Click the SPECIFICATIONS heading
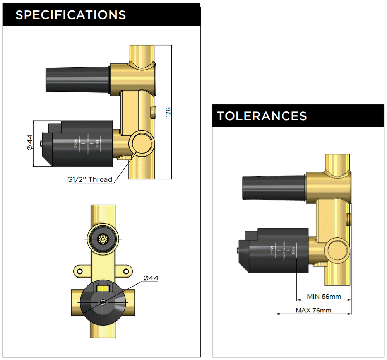(x=70, y=15)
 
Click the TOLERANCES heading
(x=262, y=116)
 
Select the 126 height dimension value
(x=168, y=112)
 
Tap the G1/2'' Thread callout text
(x=90, y=179)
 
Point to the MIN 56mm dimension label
(x=324, y=297)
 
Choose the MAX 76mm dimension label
(x=313, y=310)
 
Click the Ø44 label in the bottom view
(x=151, y=278)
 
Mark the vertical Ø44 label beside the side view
(x=29, y=143)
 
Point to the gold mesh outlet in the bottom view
(x=103, y=239)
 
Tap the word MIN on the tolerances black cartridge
(x=294, y=251)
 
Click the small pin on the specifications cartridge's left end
(x=41, y=144)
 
